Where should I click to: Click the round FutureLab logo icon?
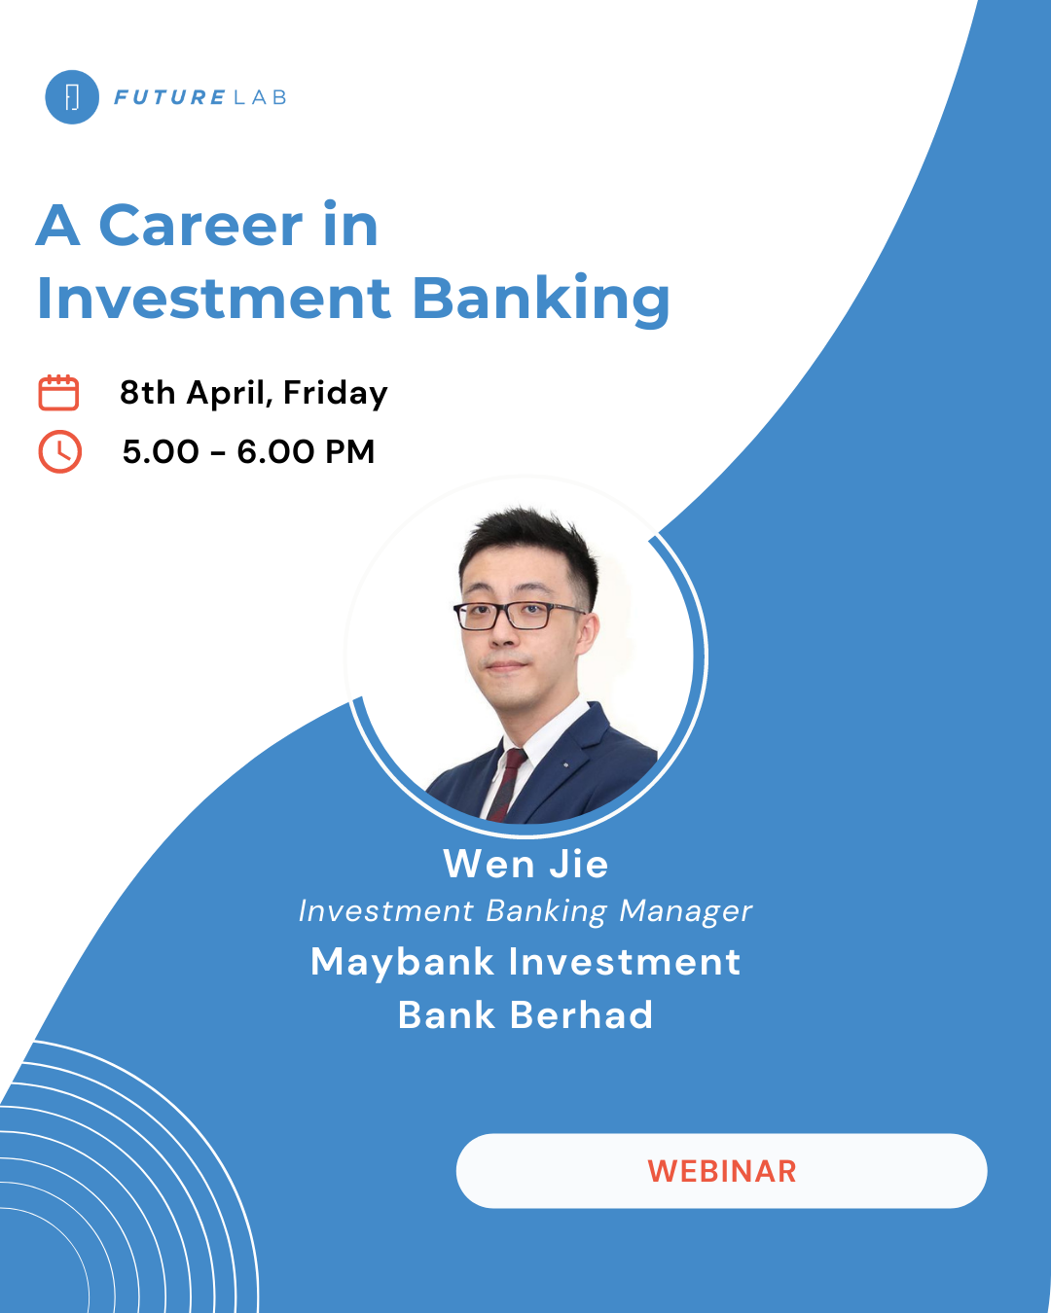click(72, 97)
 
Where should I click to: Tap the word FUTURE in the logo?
click(169, 97)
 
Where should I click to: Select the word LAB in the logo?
click(260, 97)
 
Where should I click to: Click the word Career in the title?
click(200, 226)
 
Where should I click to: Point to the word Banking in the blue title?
click(541, 299)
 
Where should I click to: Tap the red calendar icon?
click(58, 392)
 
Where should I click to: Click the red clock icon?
click(59, 451)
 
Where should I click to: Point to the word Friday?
click(336, 393)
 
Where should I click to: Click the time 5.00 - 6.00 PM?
click(248, 452)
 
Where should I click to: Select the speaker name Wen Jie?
click(525, 864)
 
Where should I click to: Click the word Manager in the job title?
click(686, 912)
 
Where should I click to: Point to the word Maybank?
click(403, 962)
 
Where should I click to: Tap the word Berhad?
click(581, 1015)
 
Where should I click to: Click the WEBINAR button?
click(721, 1171)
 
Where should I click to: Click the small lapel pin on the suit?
click(565, 765)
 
